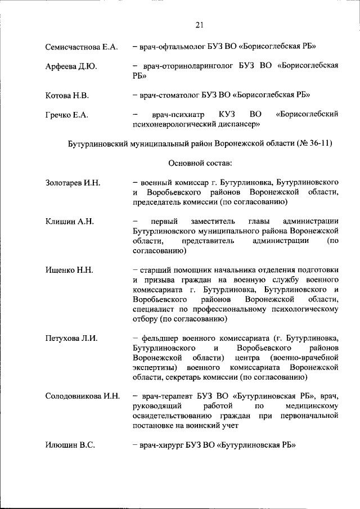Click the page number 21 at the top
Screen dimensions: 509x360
pyautogui.click(x=200, y=24)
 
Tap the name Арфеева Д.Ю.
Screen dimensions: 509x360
pyautogui.click(x=71, y=66)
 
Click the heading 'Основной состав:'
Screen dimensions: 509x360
pyautogui.click(x=200, y=163)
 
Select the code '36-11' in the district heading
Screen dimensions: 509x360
pyautogui.click(x=318, y=143)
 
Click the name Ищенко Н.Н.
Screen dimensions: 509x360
pyautogui.click(x=69, y=270)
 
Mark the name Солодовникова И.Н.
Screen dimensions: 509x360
pyautogui.click(x=82, y=396)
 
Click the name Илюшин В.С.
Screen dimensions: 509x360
pyautogui.click(x=69, y=445)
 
